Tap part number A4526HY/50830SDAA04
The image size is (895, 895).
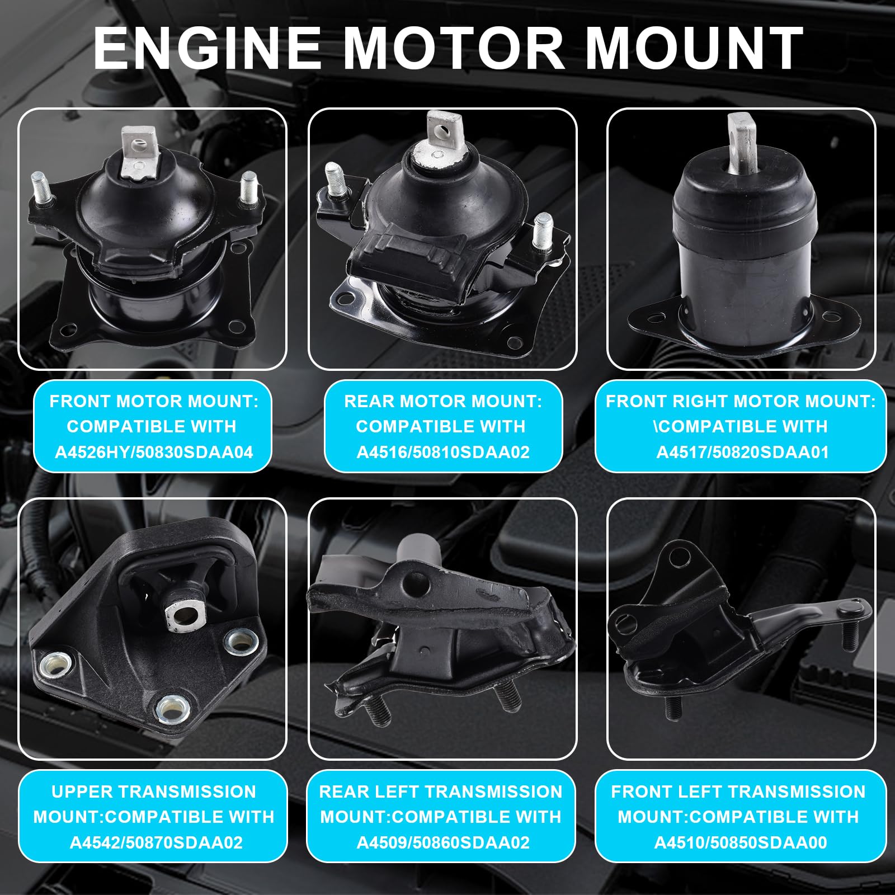[153, 452]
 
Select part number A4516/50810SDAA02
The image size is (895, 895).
[442, 452]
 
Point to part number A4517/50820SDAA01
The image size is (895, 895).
[742, 452]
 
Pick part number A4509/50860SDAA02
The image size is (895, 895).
[442, 842]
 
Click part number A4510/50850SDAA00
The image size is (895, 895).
[741, 842]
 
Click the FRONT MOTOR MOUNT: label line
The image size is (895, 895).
[154, 401]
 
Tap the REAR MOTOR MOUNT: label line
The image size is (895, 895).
[442, 401]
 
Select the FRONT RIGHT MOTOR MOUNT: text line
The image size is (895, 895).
[741, 401]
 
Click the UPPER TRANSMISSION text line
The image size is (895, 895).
[154, 792]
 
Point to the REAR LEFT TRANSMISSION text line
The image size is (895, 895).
[441, 792]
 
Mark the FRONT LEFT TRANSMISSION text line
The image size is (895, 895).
[738, 792]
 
